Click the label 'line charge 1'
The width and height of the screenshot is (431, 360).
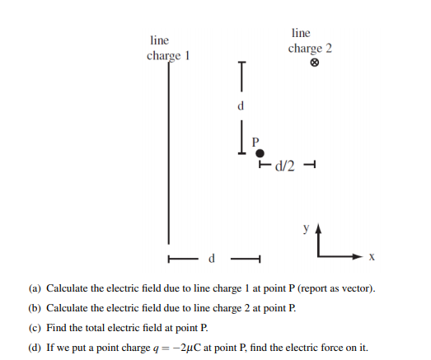click(x=168, y=48)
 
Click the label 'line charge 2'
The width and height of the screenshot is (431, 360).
click(x=310, y=40)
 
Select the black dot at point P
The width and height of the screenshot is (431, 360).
click(x=260, y=153)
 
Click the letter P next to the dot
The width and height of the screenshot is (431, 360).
click(x=255, y=141)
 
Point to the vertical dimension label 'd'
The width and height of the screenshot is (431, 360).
click(x=241, y=105)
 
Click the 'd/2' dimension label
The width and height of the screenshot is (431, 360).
click(x=284, y=165)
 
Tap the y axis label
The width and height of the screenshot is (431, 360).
click(x=305, y=224)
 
